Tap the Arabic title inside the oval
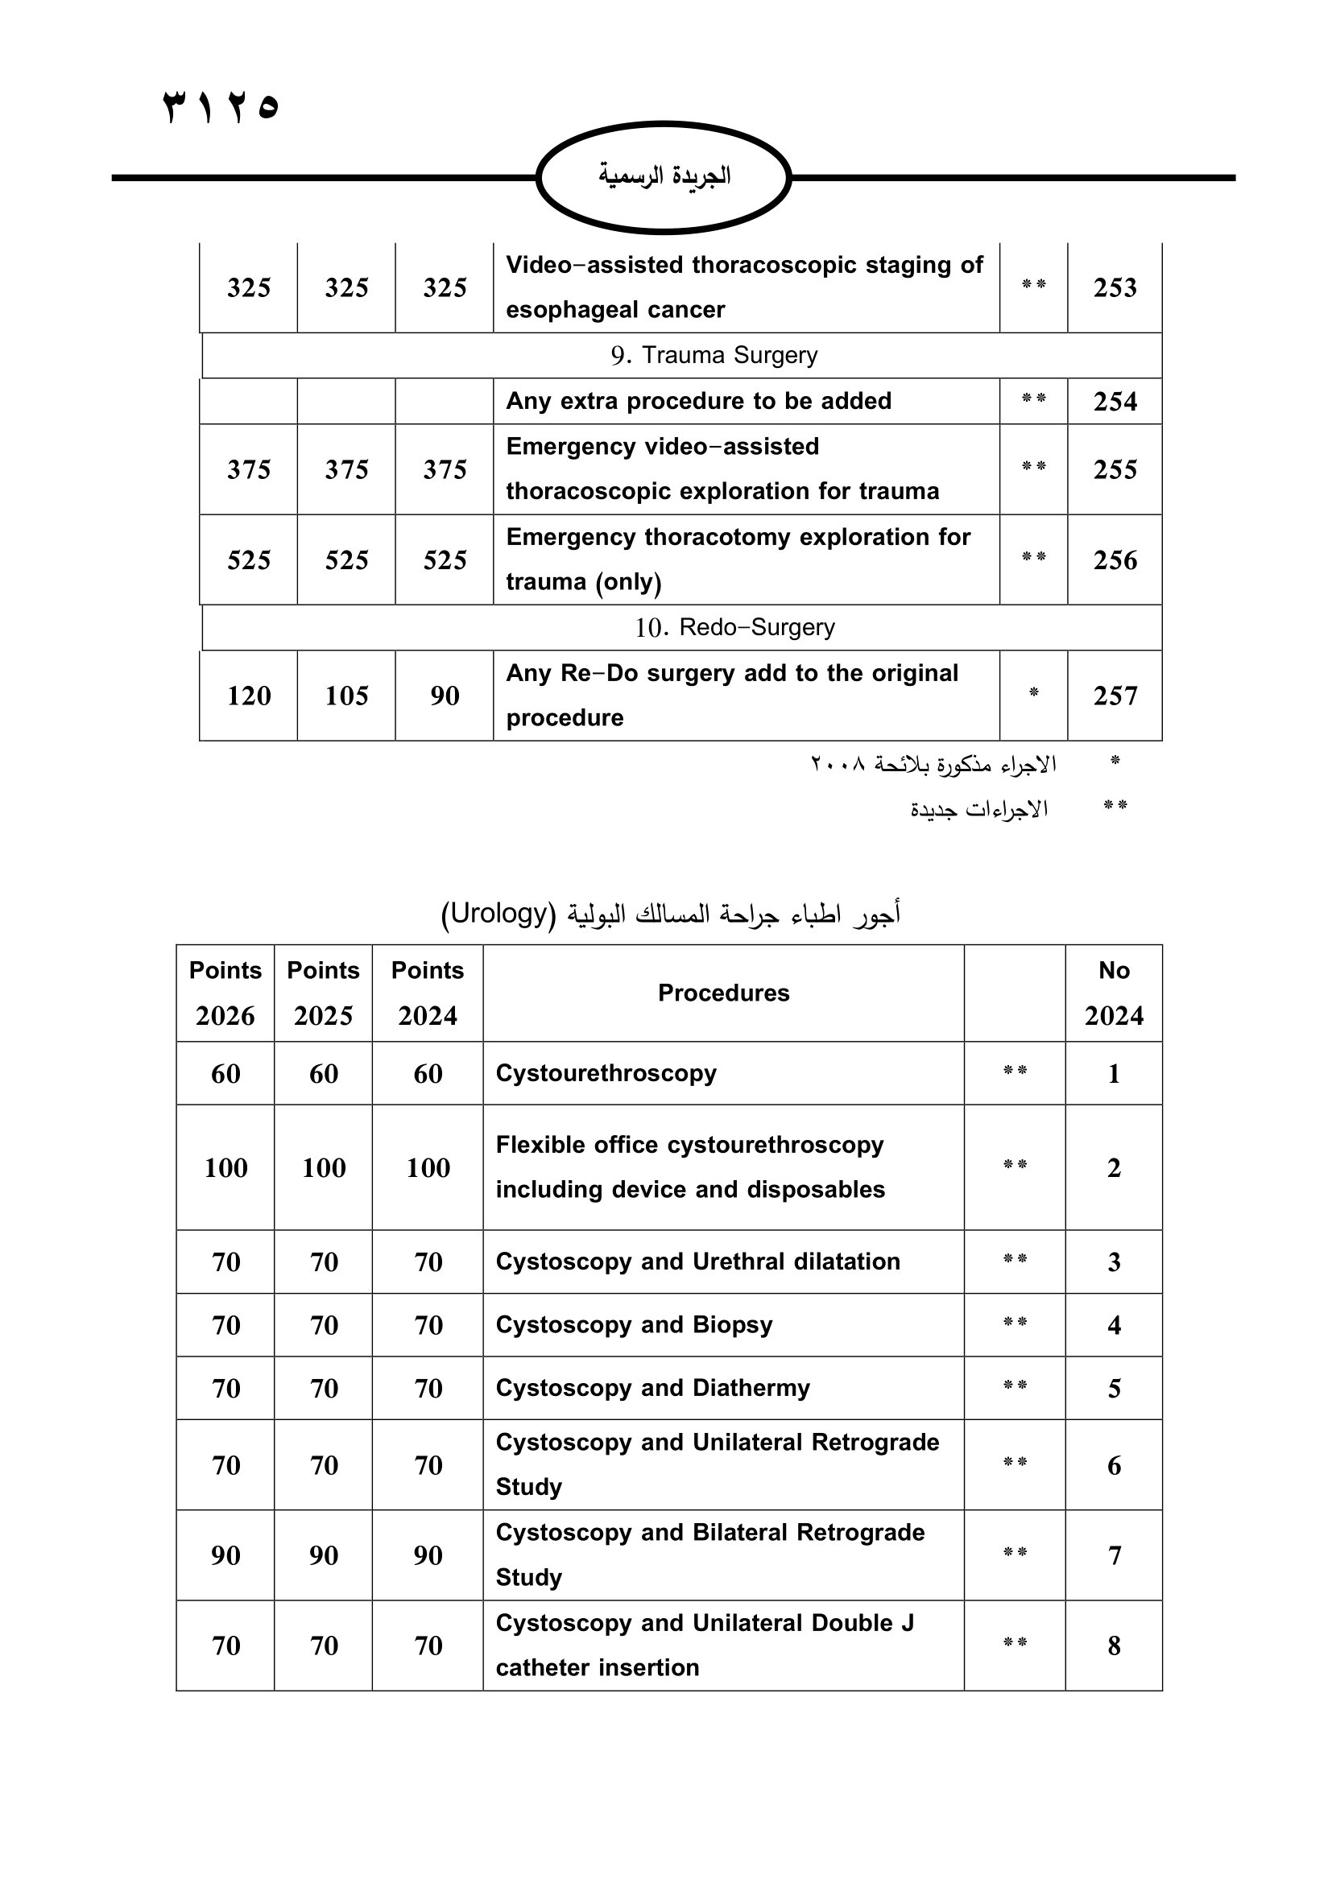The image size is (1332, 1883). pos(664,175)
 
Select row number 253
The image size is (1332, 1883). pos(1115,288)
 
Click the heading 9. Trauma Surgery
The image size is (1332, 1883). pos(714,355)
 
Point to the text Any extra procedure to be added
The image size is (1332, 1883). pos(698,401)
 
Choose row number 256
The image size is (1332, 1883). pos(1115,560)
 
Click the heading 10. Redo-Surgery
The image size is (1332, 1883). pos(734,627)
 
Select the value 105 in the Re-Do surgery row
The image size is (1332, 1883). pos(346,696)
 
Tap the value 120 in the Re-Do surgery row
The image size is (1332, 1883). pos(249,696)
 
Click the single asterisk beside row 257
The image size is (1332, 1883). pos(1033,694)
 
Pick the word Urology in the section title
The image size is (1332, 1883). pos(498,913)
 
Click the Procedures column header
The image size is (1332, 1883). pos(723,993)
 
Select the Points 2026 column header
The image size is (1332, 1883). pos(225,993)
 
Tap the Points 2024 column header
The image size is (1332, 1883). pos(428,993)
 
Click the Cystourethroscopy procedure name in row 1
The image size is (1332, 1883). pos(606,1074)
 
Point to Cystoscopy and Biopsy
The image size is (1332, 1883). pos(634,1325)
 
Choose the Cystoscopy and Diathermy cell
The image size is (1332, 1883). pos(653,1389)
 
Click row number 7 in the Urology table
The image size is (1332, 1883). pos(1114,1556)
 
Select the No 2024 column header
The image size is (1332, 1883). pos(1114,993)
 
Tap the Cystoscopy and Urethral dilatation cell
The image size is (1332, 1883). pos(698,1262)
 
